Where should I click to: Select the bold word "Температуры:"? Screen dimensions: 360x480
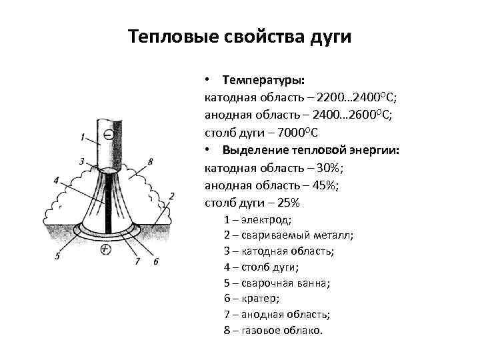coord(264,79)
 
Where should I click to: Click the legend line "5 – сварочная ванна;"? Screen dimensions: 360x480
coord(277,283)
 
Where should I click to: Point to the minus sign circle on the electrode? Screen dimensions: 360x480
coord(109,134)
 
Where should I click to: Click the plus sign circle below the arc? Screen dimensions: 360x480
coord(105,250)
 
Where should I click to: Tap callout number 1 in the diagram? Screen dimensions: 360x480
coord(81,137)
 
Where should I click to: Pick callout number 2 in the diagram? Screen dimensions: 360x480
coord(171,196)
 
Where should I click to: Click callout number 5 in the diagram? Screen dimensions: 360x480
coord(58,255)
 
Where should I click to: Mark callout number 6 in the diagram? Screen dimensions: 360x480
coord(156,261)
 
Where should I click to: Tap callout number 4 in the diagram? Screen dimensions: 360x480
coord(57,179)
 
